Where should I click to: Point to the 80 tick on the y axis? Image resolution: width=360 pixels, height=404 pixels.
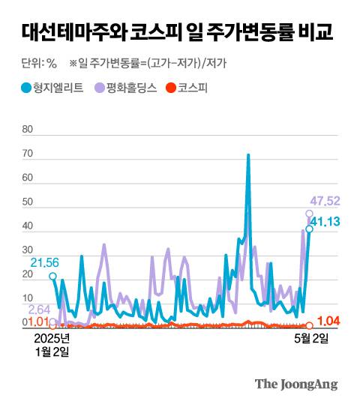[x=28, y=130]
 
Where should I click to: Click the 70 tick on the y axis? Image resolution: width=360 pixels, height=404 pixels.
[x=28, y=154]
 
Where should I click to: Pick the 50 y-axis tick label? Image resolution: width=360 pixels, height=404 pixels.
[x=28, y=202]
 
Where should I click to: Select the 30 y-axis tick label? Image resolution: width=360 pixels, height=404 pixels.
[x=28, y=251]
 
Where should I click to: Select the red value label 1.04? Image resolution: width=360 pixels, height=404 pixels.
[x=329, y=322]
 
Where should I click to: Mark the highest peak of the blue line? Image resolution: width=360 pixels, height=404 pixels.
[x=248, y=155]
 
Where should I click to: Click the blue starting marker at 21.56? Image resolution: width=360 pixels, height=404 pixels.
[x=52, y=276]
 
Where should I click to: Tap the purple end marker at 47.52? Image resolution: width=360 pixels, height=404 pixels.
[x=309, y=214]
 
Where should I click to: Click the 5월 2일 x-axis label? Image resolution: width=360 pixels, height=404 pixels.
[x=310, y=339]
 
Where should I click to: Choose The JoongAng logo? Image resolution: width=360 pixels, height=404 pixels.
[x=296, y=384]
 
